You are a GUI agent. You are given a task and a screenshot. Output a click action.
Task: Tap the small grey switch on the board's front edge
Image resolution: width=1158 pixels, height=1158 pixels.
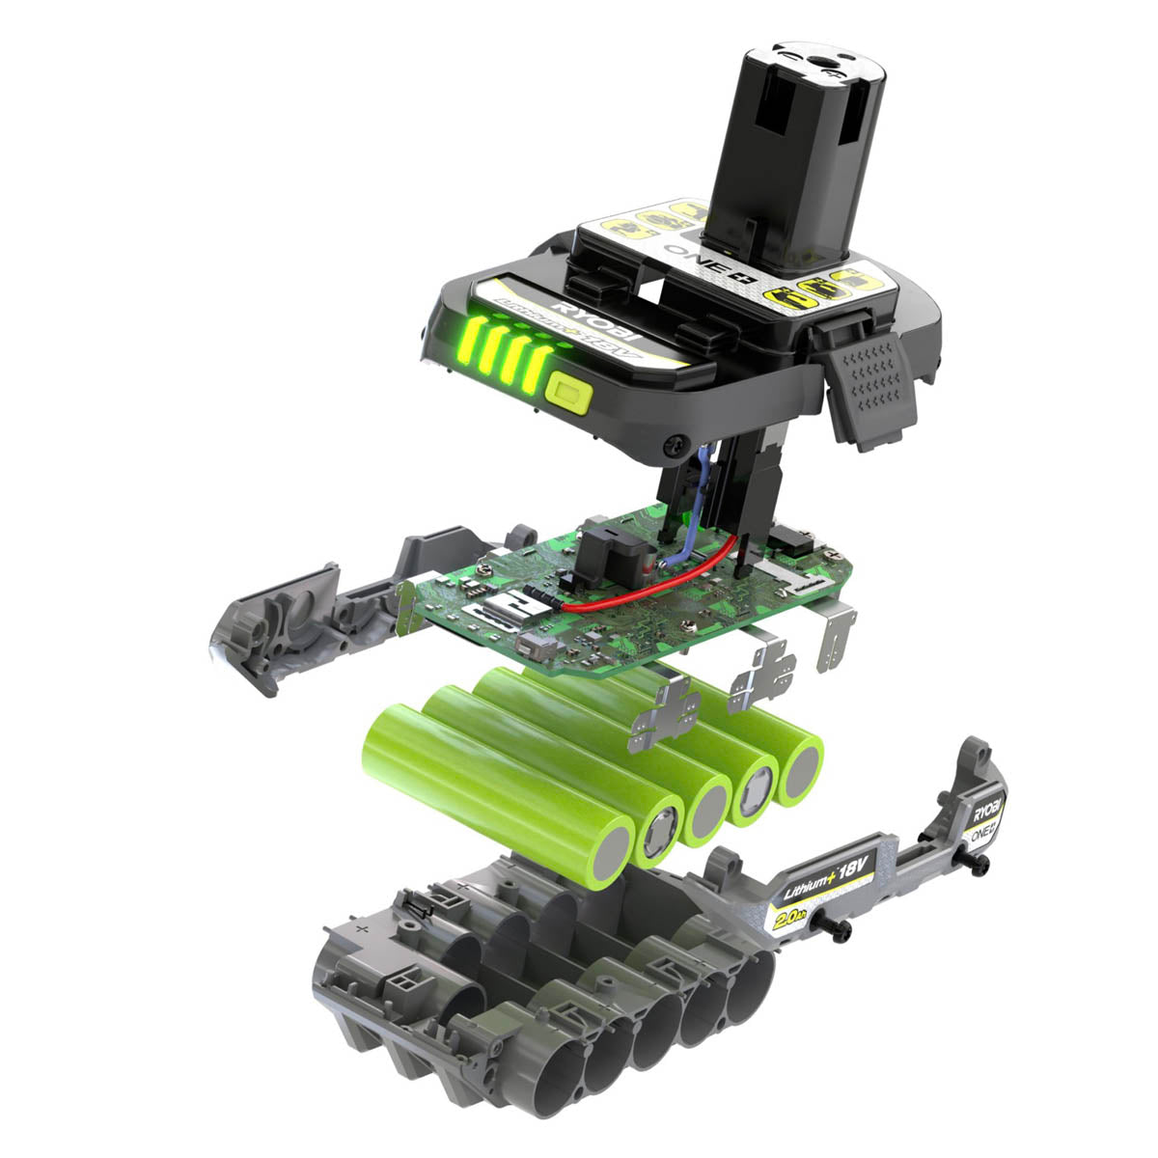click(x=532, y=646)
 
